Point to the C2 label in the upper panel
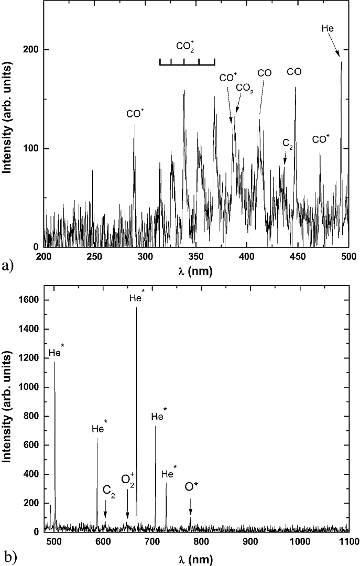click(287, 143)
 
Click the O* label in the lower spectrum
click(192, 487)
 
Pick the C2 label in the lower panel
click(109, 491)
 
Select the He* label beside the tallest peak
click(137, 298)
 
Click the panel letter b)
click(7, 556)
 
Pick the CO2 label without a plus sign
click(245, 88)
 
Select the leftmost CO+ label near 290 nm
click(135, 113)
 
